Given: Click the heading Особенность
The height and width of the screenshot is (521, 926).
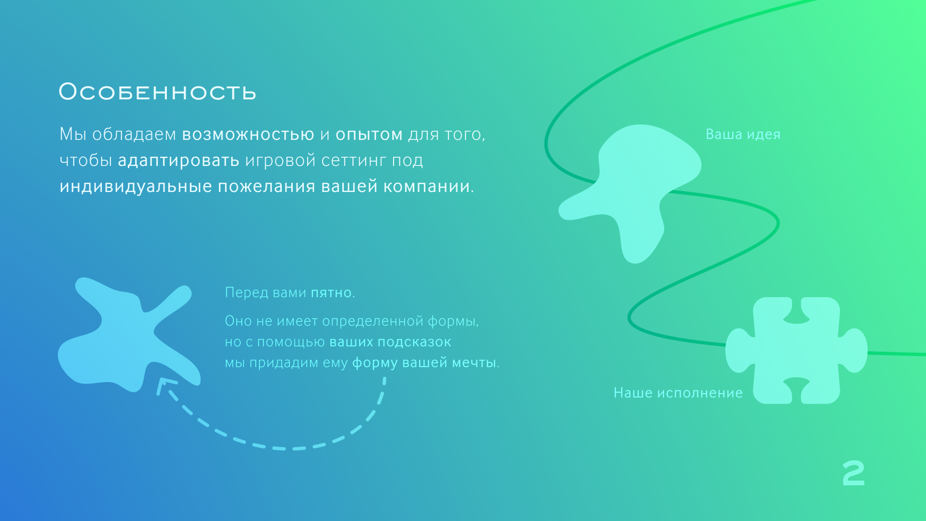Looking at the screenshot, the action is click(157, 92).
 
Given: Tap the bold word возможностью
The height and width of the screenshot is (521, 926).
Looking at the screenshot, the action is click(248, 135).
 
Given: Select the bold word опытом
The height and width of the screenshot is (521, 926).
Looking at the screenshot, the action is click(369, 135).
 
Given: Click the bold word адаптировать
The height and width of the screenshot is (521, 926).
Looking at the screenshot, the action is click(178, 161).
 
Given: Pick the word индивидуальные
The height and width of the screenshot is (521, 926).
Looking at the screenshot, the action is click(136, 186).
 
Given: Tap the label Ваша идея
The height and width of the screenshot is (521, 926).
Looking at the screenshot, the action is click(743, 134).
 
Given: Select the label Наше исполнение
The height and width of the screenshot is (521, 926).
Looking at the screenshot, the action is click(678, 393).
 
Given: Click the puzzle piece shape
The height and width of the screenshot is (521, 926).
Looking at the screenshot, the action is click(796, 350).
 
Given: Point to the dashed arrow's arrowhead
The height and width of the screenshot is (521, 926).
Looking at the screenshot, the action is click(164, 384).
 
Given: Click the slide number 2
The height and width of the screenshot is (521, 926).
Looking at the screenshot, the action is click(854, 473).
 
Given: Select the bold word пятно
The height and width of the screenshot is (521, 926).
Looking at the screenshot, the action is click(331, 293).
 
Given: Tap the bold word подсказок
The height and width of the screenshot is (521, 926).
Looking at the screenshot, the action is click(414, 342).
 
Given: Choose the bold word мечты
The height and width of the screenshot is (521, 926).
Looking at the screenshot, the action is click(473, 363).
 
